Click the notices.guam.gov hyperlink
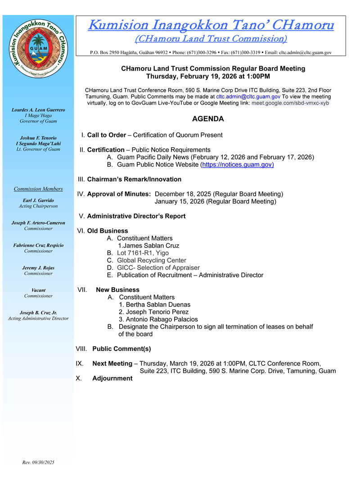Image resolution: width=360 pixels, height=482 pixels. click(x=237, y=164)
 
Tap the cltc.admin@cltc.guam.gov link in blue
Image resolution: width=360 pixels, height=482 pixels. click(x=248, y=96)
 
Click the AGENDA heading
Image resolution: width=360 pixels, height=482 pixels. click(x=208, y=119)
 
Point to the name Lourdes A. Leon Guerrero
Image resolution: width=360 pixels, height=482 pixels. click(x=38, y=109)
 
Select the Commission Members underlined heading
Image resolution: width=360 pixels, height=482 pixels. click(x=38, y=189)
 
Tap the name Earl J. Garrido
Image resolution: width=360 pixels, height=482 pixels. click(x=38, y=200)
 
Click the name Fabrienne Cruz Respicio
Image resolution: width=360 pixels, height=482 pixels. click(x=38, y=245)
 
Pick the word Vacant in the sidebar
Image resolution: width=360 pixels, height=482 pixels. click(x=38, y=290)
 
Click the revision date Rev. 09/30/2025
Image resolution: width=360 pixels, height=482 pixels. click(x=38, y=462)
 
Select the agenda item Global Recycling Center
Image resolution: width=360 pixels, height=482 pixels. click(x=151, y=260)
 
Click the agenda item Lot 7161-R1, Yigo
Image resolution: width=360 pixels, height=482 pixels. click(x=143, y=253)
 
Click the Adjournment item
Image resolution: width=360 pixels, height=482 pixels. click(x=112, y=378)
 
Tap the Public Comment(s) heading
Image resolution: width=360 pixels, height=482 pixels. click(x=121, y=349)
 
